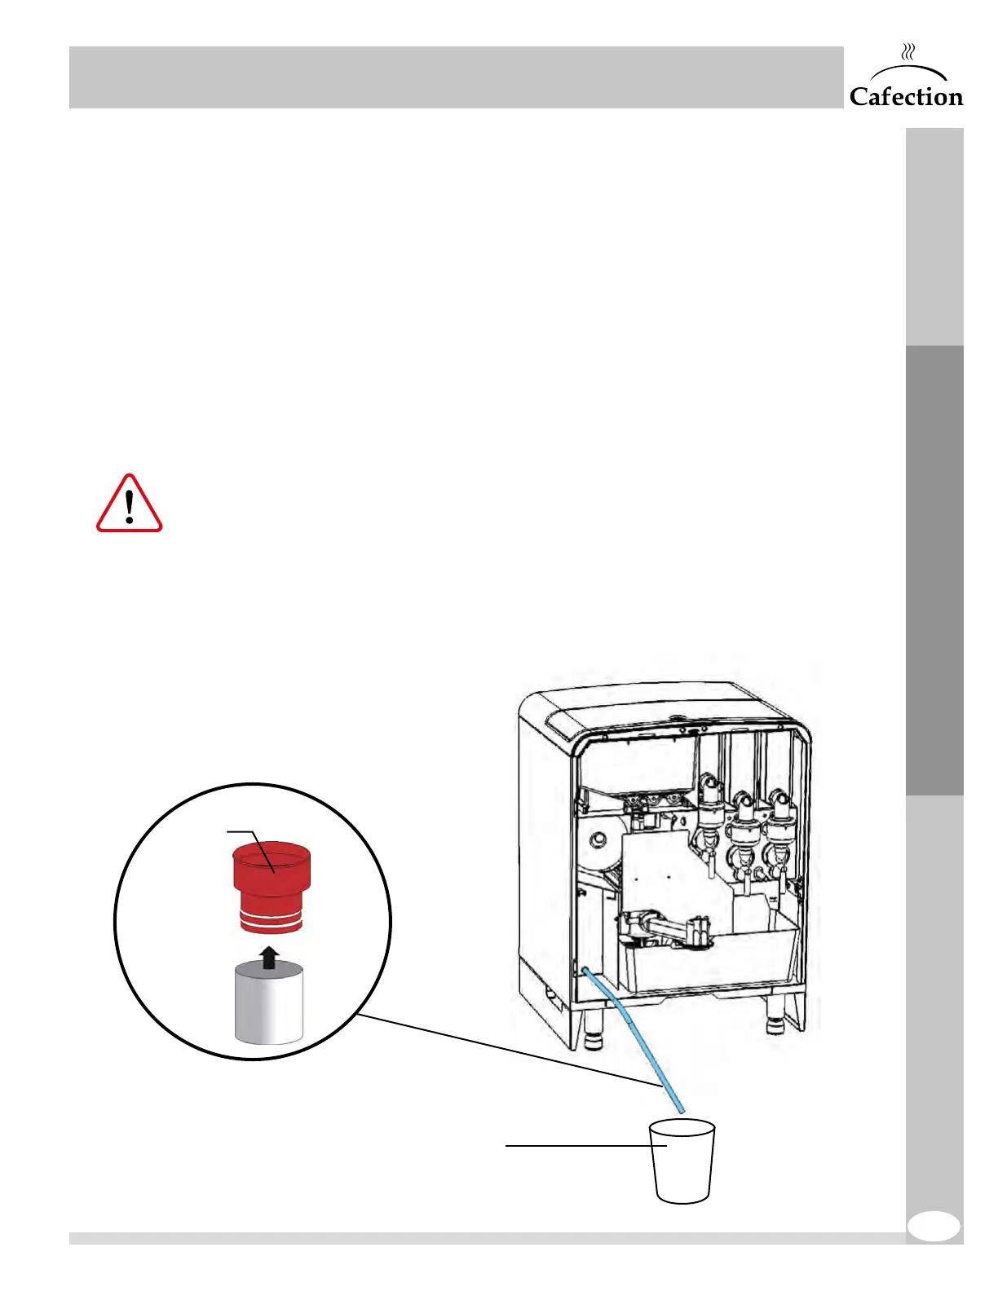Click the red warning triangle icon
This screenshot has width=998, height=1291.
click(130, 505)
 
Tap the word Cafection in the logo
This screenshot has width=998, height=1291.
click(906, 97)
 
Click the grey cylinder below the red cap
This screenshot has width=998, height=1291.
click(269, 1003)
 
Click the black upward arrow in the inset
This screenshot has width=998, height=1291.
click(270, 958)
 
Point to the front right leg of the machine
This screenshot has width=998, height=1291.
click(775, 1024)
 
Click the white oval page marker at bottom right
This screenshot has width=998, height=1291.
click(934, 1226)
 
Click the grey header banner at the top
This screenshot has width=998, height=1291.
click(456, 77)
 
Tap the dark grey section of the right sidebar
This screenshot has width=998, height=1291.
click(934, 570)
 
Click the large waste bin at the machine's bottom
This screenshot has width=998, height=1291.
click(709, 962)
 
